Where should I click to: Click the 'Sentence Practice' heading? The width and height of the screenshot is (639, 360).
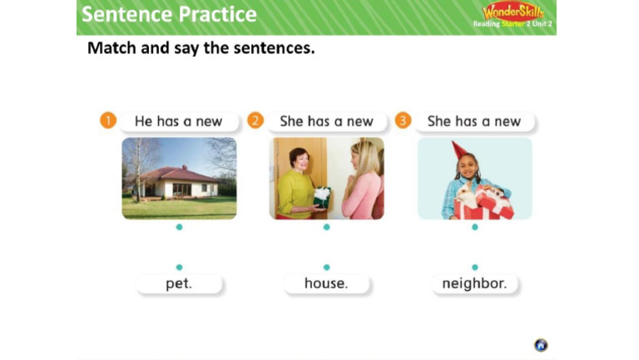[169, 14]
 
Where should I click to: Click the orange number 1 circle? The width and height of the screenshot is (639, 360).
[107, 121]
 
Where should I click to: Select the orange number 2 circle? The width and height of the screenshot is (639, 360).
[255, 121]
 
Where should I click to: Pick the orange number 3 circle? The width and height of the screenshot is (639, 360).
[403, 121]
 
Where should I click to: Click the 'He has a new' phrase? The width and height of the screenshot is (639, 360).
[179, 121]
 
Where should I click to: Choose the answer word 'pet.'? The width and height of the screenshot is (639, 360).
[179, 284]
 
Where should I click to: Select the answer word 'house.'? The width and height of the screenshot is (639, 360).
[326, 284]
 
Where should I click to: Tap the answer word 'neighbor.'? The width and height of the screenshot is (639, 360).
[474, 284]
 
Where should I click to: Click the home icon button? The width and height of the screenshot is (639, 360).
[541, 345]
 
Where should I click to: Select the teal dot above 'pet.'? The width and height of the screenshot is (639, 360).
[179, 267]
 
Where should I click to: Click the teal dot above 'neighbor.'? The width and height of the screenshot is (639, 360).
[474, 267]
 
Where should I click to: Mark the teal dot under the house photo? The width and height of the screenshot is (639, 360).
[179, 227]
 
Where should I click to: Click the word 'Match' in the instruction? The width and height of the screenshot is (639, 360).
[111, 48]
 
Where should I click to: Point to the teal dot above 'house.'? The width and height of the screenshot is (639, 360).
[326, 267]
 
